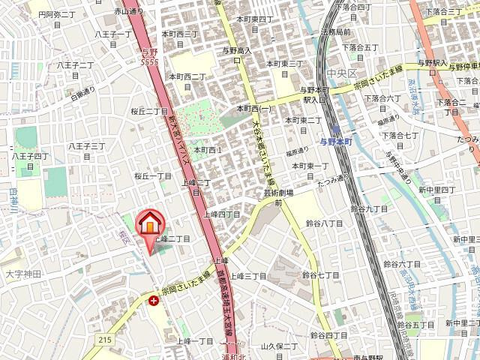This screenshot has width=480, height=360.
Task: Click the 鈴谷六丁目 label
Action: click(x=404, y=264)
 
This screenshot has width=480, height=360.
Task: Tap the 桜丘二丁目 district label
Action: click(x=150, y=111)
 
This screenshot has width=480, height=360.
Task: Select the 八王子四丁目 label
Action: click(x=29, y=156)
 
